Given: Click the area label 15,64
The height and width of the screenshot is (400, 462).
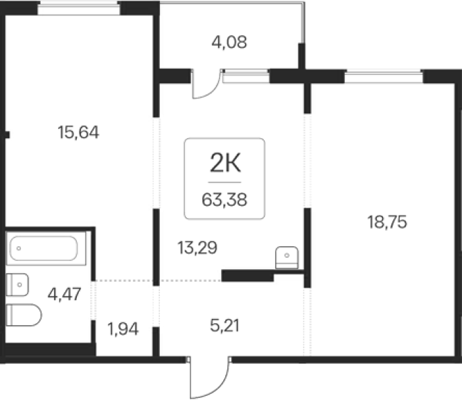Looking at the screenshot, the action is tap(78, 132).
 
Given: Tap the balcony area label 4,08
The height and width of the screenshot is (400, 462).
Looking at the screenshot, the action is tap(229, 42).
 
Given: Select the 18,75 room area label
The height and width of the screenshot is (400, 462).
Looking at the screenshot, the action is tap(387, 222).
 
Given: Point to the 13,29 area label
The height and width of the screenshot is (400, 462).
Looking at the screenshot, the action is tap(198, 248).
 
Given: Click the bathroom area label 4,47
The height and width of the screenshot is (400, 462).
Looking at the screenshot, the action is tap(64, 294).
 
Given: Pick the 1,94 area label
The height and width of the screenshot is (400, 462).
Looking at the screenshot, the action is tap(123, 329).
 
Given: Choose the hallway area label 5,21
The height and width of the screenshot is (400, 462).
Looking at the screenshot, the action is tap(225, 326).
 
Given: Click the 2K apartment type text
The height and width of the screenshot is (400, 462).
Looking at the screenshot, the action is tap(225, 163).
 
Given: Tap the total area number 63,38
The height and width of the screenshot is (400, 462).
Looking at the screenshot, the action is tap(225, 200).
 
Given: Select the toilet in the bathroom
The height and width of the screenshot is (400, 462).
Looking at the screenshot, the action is tap(24, 315).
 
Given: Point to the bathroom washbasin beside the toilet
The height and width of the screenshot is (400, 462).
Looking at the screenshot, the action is tap(18, 285).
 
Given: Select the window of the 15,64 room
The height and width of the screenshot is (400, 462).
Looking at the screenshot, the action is tap(79, 8).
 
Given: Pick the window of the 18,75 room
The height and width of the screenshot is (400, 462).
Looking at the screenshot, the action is tap(384, 77).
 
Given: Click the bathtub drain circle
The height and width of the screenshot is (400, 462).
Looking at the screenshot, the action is tap(19, 248).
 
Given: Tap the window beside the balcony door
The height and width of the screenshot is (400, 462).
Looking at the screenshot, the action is tap(246, 77).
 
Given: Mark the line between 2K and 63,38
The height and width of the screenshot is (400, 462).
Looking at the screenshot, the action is tap(225, 182).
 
